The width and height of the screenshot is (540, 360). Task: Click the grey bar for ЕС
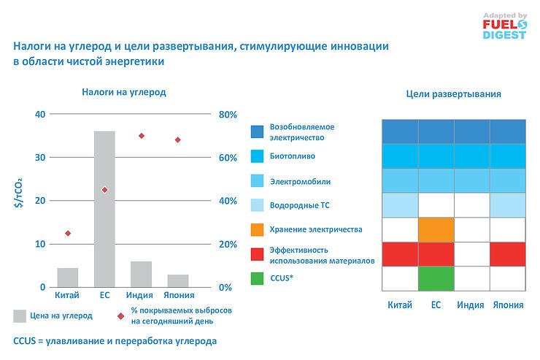coord(104,209)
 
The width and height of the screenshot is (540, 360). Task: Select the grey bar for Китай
coord(68,277)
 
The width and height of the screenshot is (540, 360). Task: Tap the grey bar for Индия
coord(141,274)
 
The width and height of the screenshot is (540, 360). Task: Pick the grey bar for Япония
coord(177,280)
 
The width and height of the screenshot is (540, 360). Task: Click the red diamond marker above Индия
coord(142,136)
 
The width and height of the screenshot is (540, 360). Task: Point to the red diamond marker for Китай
coord(68,233)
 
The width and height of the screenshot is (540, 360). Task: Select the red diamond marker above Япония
coord(177,140)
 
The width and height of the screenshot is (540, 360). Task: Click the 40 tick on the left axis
coord(40,114)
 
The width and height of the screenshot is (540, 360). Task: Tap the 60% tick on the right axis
coord(228,158)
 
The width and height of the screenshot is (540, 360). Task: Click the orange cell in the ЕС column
coord(436,229)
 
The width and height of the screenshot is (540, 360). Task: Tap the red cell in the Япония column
coord(507,253)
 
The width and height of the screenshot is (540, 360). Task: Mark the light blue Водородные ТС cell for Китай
coord(400,204)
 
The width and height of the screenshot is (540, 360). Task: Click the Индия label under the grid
coord(471,305)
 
